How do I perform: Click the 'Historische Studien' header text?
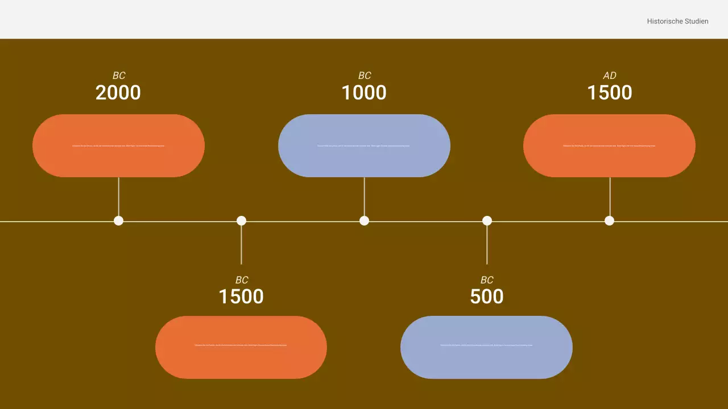(677, 22)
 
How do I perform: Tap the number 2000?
(118, 93)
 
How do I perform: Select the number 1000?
(364, 93)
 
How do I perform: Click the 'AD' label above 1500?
(610, 76)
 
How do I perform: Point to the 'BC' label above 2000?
(119, 76)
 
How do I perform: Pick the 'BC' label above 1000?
(365, 76)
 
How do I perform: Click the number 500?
(487, 297)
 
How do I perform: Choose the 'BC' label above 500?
(487, 280)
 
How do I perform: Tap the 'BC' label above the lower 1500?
(242, 280)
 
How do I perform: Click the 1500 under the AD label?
(610, 93)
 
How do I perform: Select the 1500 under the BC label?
(241, 297)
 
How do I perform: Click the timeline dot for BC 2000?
(118, 220)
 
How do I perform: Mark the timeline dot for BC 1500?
(241, 220)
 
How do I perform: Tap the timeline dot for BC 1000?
(364, 220)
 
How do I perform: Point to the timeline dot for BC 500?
(487, 220)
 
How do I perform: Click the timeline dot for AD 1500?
(610, 220)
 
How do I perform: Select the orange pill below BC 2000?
(118, 145)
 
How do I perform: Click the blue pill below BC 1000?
(364, 145)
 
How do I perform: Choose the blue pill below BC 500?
(486, 347)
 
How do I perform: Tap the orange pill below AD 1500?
(609, 145)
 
